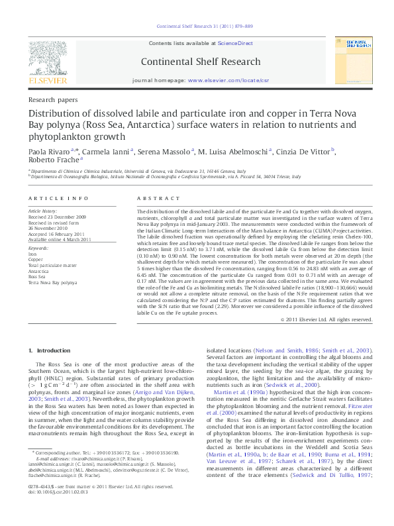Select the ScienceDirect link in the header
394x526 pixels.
click(x=236, y=44)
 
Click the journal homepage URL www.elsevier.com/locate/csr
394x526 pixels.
click(x=228, y=79)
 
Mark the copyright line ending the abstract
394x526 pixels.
click(x=326, y=319)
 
